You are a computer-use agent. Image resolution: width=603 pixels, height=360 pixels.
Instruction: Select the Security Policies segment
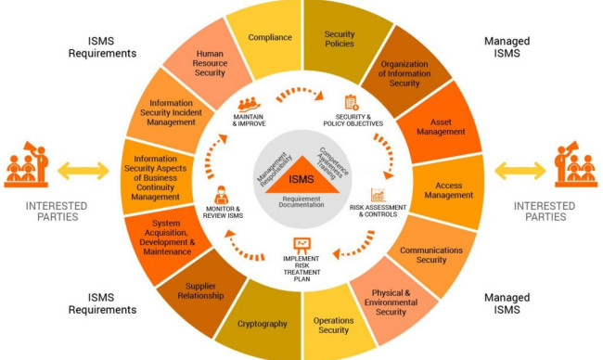(339, 39)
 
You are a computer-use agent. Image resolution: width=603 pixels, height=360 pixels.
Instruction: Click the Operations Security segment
(333, 326)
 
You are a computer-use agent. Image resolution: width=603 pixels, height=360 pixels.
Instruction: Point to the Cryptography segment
(261, 325)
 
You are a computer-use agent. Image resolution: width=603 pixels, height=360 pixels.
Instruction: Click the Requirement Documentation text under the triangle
(302, 201)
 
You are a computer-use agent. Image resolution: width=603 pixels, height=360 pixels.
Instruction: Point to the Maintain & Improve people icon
(250, 105)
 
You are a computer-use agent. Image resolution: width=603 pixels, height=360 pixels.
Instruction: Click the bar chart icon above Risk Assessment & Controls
(378, 196)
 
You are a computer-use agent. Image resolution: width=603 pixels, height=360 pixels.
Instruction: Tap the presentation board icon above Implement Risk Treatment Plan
(301, 246)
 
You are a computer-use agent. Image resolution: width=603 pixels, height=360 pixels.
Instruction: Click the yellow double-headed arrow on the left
(82, 171)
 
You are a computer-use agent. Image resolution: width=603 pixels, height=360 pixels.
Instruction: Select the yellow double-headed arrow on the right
(521, 171)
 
